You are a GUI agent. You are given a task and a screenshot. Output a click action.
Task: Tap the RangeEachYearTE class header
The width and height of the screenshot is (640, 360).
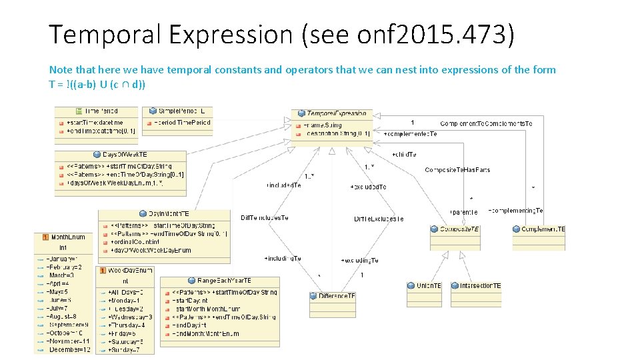click(219, 281)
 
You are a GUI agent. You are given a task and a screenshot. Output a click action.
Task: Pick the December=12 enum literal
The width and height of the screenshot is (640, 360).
click(69, 349)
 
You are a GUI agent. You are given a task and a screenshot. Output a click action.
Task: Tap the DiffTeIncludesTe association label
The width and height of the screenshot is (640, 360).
click(265, 218)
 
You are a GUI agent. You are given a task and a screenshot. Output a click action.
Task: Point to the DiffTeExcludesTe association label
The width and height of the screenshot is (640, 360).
click(379, 219)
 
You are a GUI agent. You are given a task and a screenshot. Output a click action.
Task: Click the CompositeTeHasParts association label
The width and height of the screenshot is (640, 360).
click(457, 170)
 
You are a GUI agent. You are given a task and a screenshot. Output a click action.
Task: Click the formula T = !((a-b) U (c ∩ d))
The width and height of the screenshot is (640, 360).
click(97, 84)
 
